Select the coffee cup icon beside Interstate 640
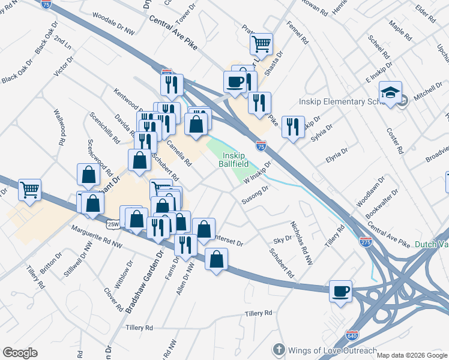tap(341, 292)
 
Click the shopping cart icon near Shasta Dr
tap(261, 43)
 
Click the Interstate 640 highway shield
tap(352, 334)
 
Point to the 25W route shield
tap(112, 224)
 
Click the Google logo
tap(20, 352)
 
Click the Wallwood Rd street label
tap(59, 127)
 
